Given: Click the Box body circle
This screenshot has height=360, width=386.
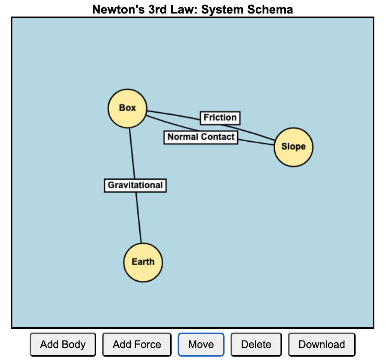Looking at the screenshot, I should (x=127, y=108).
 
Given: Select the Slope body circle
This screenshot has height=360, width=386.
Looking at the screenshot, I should (x=293, y=147).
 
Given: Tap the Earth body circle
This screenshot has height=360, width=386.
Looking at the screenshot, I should (x=143, y=262).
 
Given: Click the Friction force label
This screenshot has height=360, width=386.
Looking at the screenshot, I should (x=220, y=118).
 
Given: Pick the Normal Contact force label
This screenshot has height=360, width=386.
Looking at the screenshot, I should (x=201, y=137).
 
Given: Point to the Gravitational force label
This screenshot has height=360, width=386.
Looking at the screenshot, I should (x=135, y=185).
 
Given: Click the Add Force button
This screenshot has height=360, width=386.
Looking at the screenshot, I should (x=137, y=345).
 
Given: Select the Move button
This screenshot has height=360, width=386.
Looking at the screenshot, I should (x=201, y=345).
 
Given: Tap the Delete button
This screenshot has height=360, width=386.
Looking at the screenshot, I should (x=256, y=345).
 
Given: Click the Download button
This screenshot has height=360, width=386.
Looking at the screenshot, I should (x=321, y=345).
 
